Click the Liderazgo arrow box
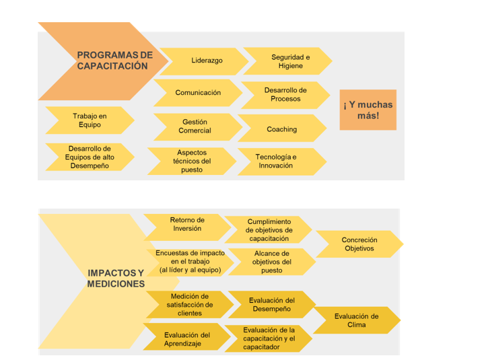tap(207, 61)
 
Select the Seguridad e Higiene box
tap(290, 61)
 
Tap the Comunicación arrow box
tap(198, 93)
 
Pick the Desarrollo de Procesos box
tap(285, 95)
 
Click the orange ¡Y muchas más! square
tap(368, 110)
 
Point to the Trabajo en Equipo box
tap(90, 120)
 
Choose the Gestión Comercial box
tap(195, 127)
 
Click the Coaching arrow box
tap(281, 129)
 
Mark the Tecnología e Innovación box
tap(276, 161)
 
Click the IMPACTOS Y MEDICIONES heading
tap(116, 279)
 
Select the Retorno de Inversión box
tap(187, 224)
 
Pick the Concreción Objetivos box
tap(359, 244)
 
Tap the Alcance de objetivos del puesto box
tap(272, 262)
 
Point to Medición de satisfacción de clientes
tap(190, 305)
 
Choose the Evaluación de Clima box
tap(357, 320)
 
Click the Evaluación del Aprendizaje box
tap(186, 338)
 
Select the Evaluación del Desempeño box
tap(272, 305)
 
